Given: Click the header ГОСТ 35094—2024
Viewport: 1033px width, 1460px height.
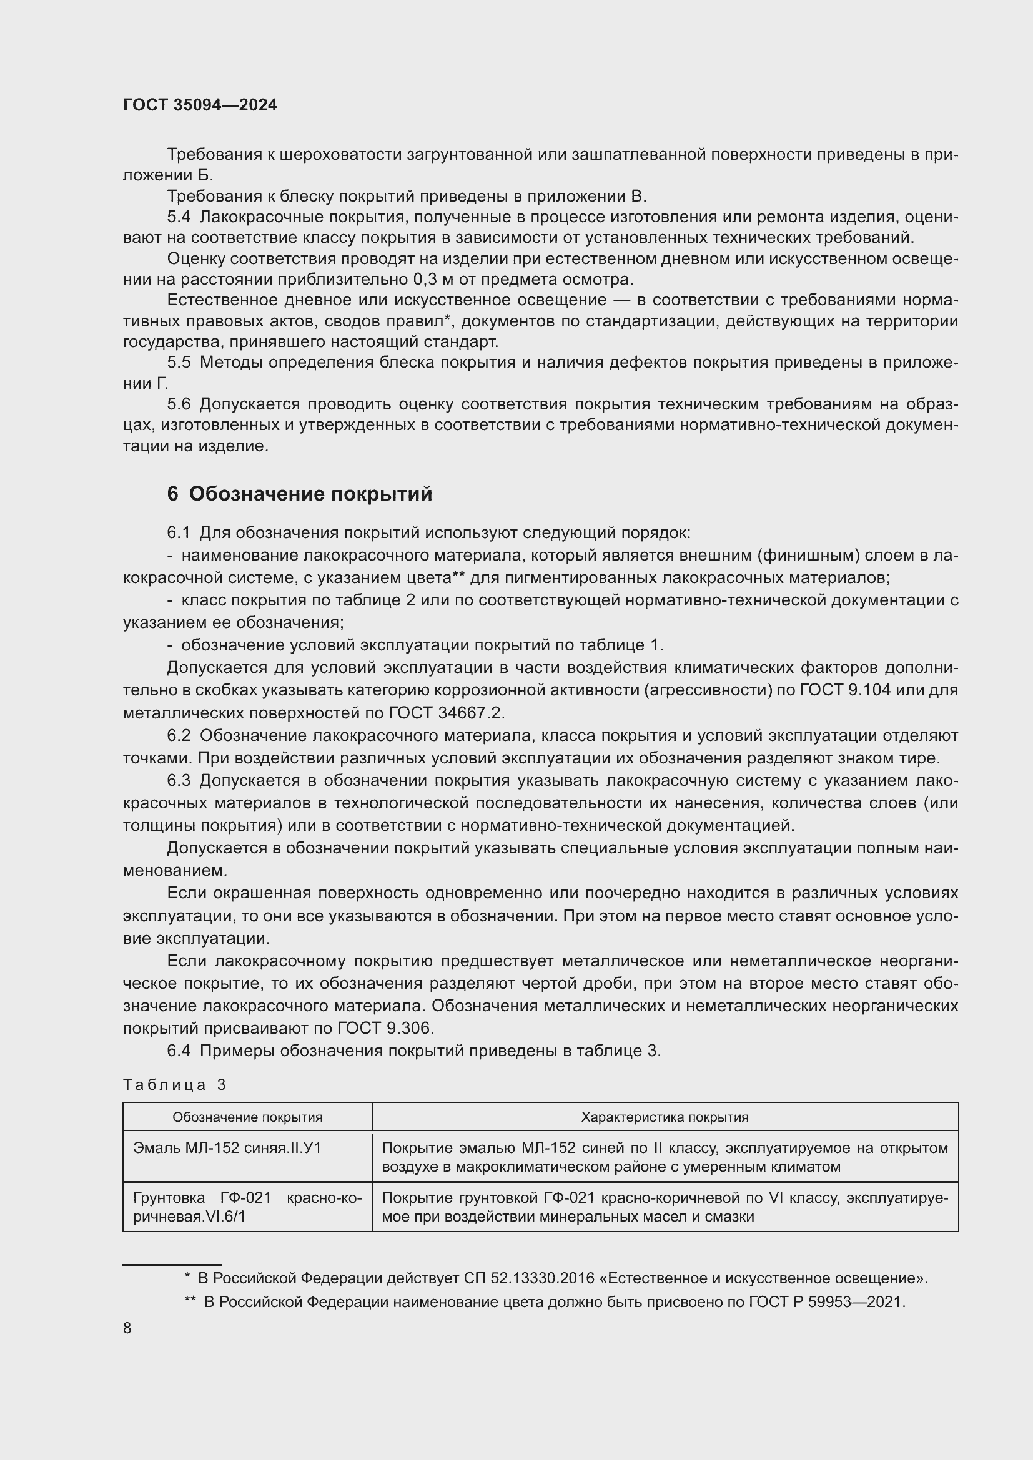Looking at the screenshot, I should (200, 105).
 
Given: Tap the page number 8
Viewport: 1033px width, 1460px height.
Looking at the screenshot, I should (127, 1328).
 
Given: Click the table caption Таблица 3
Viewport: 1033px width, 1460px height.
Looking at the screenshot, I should (174, 1084).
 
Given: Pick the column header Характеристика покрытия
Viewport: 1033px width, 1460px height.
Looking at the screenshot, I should (665, 1117).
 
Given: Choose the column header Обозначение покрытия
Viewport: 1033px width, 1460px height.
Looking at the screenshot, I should (247, 1117).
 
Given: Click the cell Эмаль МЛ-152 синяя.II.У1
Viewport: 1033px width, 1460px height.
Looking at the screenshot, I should (227, 1148).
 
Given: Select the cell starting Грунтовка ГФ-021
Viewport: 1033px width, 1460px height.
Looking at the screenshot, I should (247, 1207).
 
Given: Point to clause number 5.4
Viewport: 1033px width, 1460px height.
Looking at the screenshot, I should (179, 217).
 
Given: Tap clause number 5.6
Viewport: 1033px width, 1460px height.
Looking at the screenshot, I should (179, 404).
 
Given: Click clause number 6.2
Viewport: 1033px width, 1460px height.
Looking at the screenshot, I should (179, 735).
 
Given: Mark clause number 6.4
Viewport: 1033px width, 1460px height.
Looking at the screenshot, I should (179, 1051).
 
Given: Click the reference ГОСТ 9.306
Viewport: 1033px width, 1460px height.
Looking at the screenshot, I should (385, 1027).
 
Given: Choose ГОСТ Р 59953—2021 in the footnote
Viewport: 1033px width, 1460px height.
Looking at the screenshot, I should (826, 1301).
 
